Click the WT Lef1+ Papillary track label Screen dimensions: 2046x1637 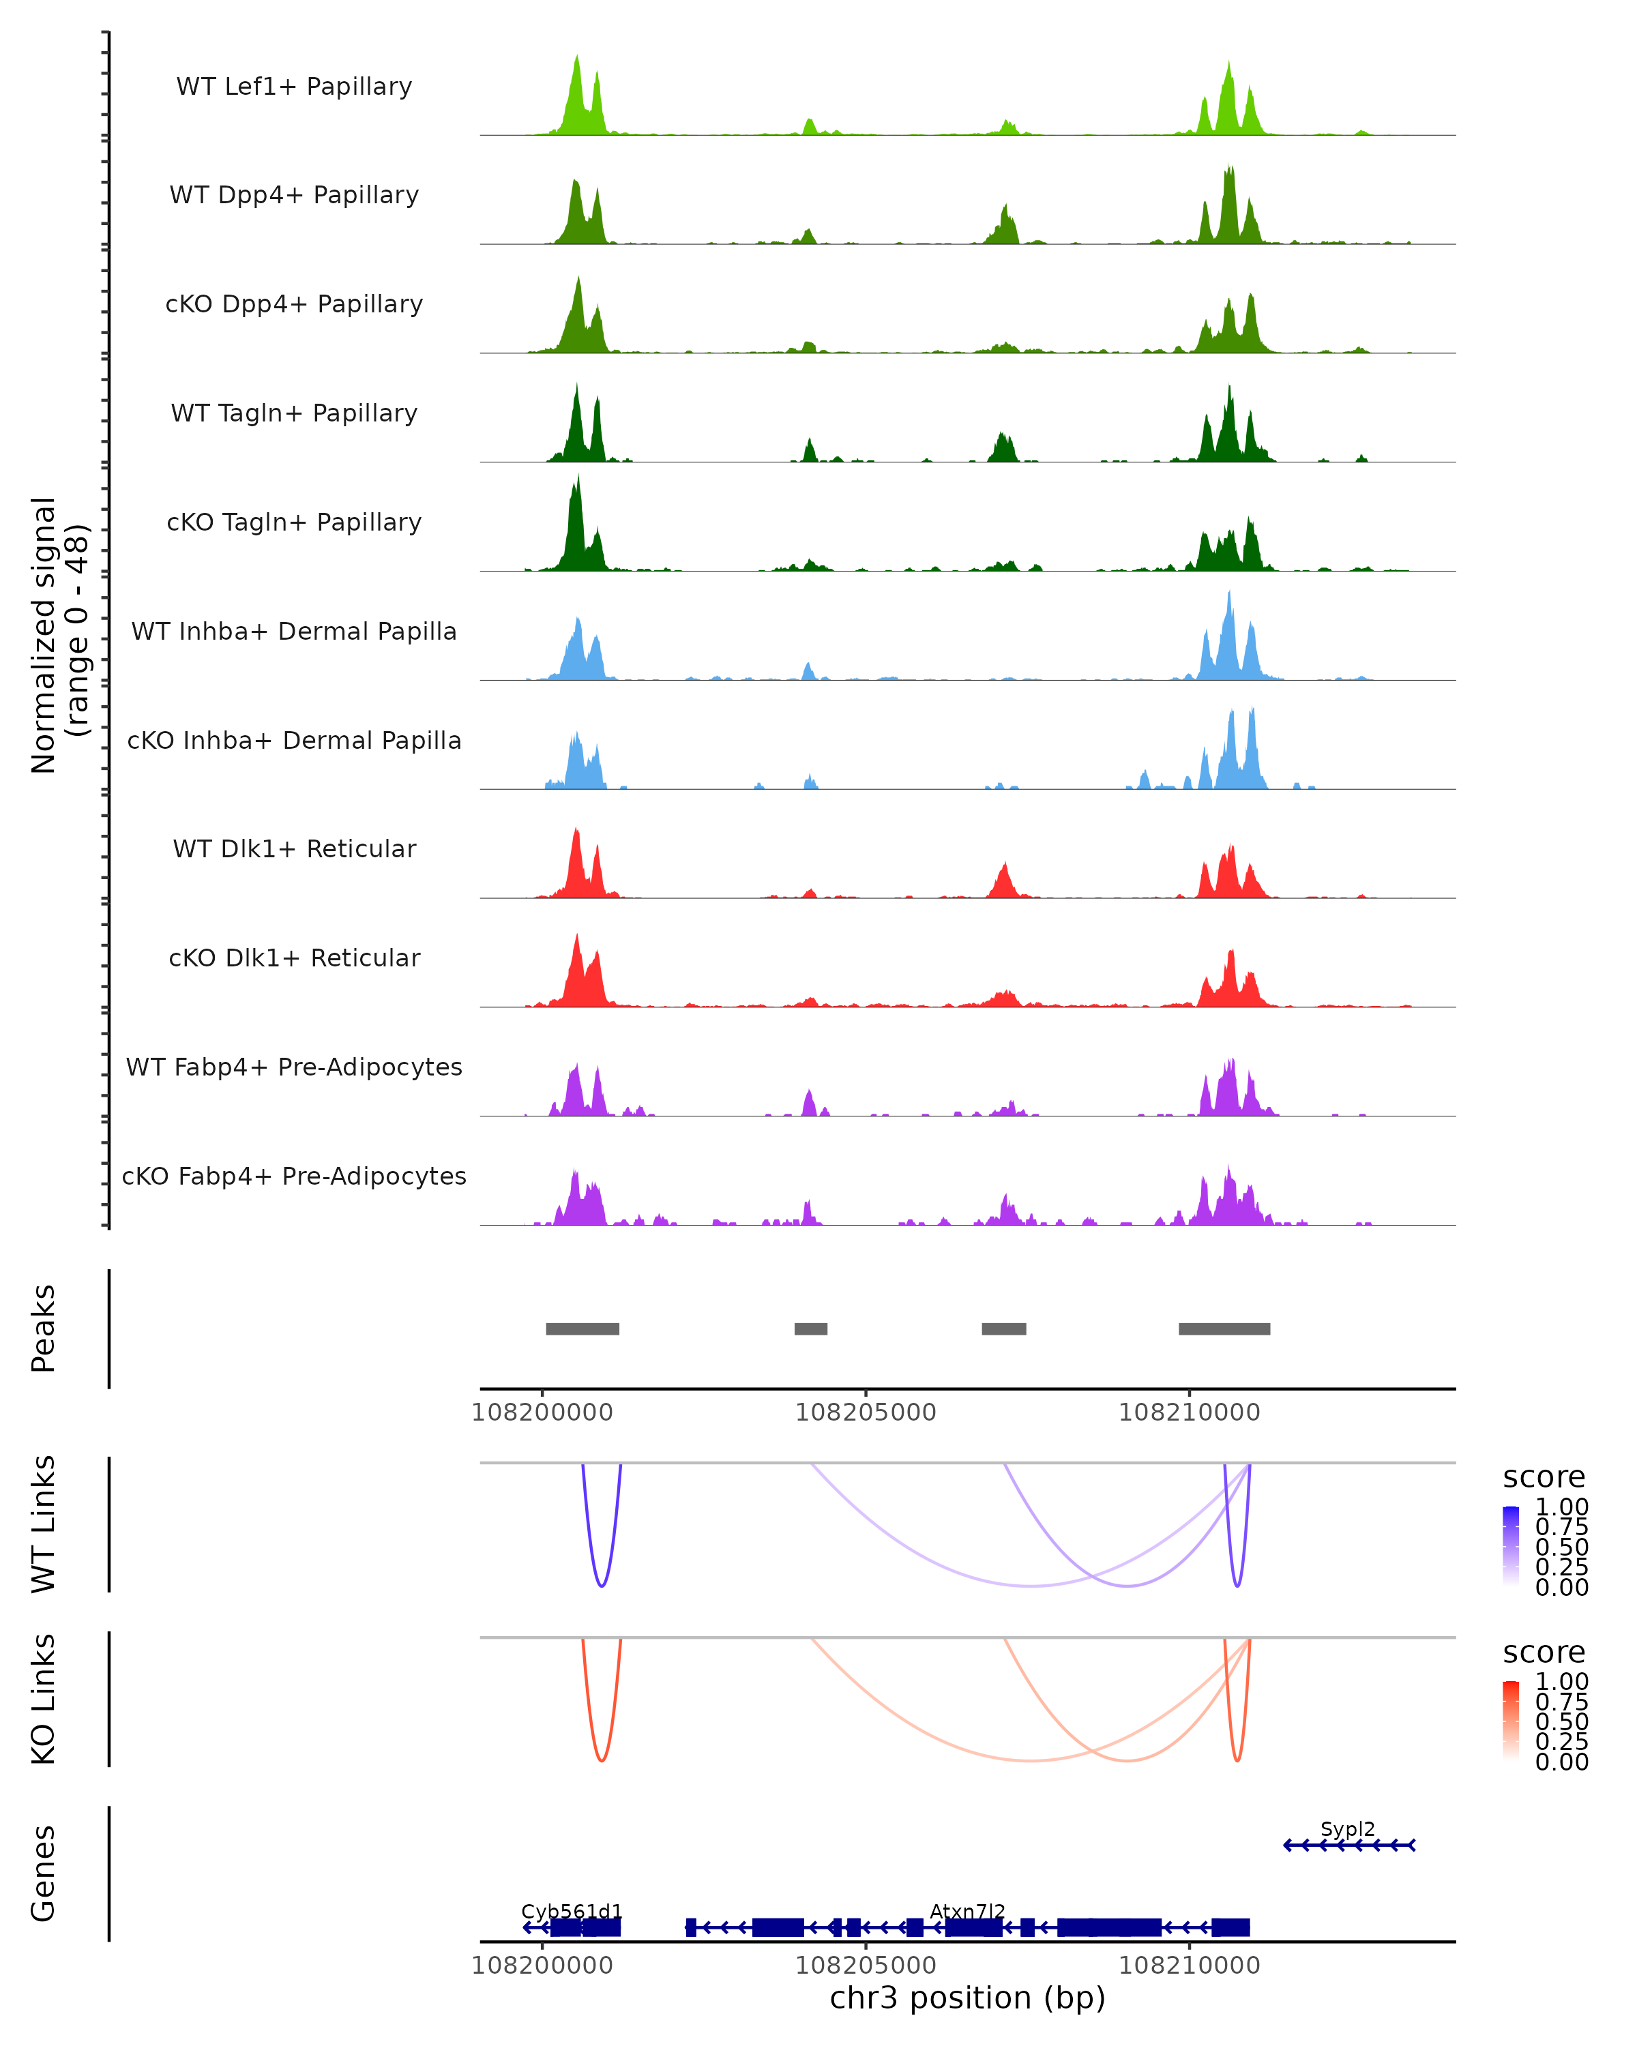294,87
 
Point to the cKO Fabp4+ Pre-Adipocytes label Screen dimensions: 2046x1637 294,1176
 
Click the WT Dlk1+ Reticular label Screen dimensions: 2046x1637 294,848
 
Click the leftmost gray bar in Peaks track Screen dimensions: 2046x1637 582,1329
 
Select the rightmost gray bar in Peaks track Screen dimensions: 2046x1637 1224,1329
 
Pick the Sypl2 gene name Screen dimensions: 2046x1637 1346,1828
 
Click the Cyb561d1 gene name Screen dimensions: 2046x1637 572,1911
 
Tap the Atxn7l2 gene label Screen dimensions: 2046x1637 967,1911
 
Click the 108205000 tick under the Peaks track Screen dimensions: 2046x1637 866,1412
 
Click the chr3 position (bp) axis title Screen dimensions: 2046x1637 967,1998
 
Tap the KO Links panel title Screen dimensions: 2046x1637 44,1699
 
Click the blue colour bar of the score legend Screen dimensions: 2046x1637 1511,1546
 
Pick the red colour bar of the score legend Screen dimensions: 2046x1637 1511,1721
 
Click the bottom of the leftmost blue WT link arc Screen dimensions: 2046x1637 601,1586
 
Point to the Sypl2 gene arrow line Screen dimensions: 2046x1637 1348,1845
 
